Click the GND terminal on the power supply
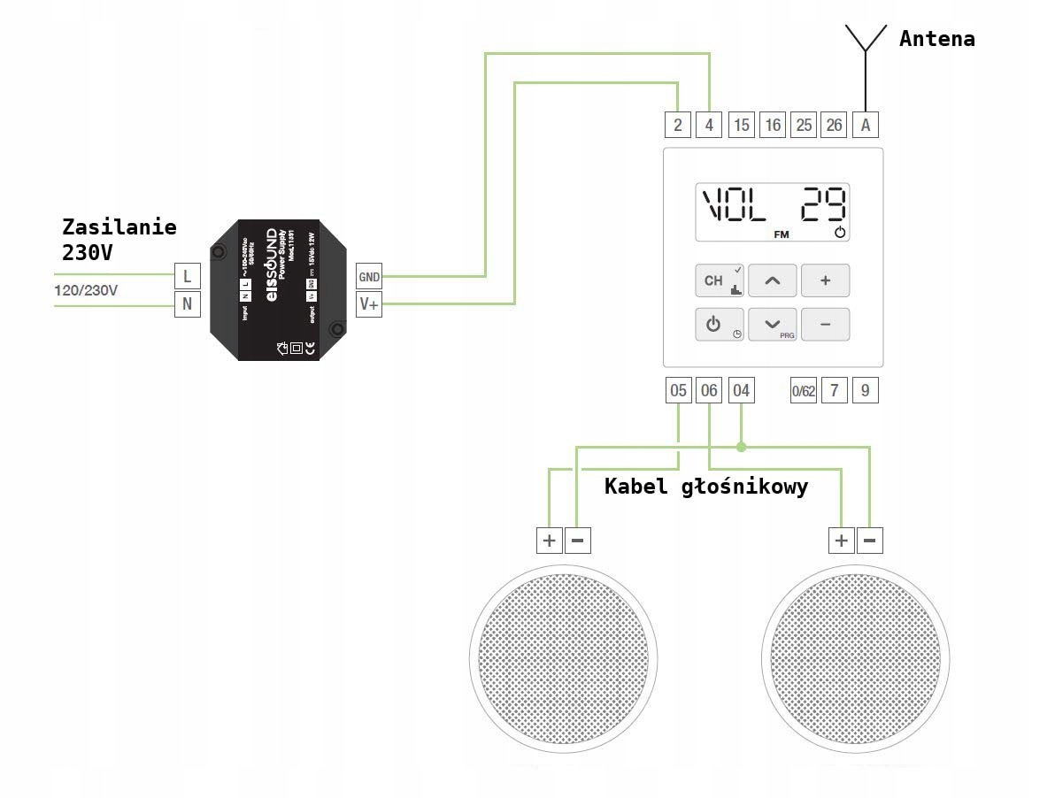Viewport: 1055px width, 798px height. (368, 277)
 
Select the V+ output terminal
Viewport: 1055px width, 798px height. (368, 305)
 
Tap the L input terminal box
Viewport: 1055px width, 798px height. (187, 277)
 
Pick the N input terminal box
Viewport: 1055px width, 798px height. (187, 305)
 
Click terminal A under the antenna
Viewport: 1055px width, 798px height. (866, 125)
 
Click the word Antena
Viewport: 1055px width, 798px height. (936, 39)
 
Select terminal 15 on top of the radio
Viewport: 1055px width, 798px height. (742, 125)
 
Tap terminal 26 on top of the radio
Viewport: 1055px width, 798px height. (834, 125)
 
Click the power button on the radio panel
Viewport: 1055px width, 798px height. (713, 325)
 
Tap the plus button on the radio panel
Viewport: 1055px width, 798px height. (825, 280)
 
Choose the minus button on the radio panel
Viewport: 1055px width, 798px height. (825, 325)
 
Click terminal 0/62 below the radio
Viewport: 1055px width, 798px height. (803, 391)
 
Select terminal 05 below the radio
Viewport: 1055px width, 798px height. (678, 391)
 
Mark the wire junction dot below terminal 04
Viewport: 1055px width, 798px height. (742, 447)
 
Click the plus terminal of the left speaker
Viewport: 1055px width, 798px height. (549, 540)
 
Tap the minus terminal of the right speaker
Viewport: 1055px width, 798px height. (870, 540)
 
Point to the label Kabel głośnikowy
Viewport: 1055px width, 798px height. (705, 487)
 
